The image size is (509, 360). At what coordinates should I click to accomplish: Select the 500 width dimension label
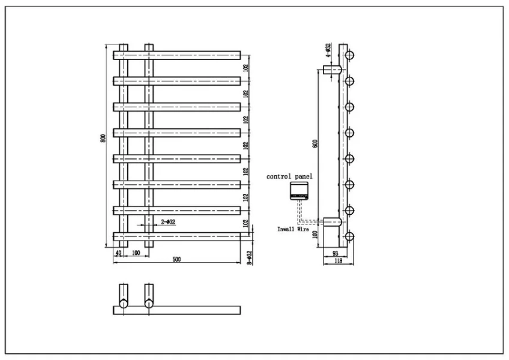(176, 259)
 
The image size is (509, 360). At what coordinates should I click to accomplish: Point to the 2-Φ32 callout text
(168, 222)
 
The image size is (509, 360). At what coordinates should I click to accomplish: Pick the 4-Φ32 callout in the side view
(328, 49)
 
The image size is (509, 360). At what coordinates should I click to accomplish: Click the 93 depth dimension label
(335, 253)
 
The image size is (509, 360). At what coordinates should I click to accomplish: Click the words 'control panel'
(289, 176)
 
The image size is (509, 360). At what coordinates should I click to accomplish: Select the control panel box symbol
(298, 191)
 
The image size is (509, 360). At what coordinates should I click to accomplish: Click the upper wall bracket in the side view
(333, 69)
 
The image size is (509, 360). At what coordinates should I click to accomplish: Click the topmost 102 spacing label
(245, 68)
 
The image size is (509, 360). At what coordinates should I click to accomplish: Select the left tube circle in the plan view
(123, 304)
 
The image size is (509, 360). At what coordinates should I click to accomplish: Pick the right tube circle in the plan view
(148, 304)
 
